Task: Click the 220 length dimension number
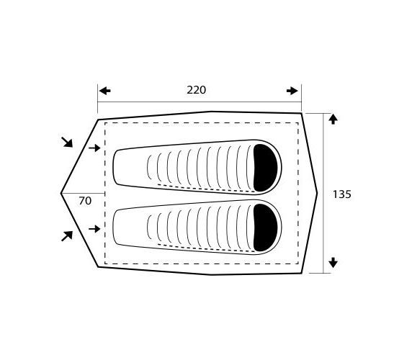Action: tap(197, 90)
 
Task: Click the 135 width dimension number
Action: tap(342, 194)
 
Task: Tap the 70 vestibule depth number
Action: tap(85, 201)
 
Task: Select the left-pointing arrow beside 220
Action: tap(105, 91)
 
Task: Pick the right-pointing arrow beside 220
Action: tap(292, 91)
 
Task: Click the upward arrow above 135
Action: tap(333, 120)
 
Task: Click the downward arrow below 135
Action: tap(333, 263)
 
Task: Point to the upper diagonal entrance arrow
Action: tap(67, 142)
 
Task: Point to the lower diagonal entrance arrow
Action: tap(67, 236)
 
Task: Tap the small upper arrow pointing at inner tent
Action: tap(94, 148)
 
